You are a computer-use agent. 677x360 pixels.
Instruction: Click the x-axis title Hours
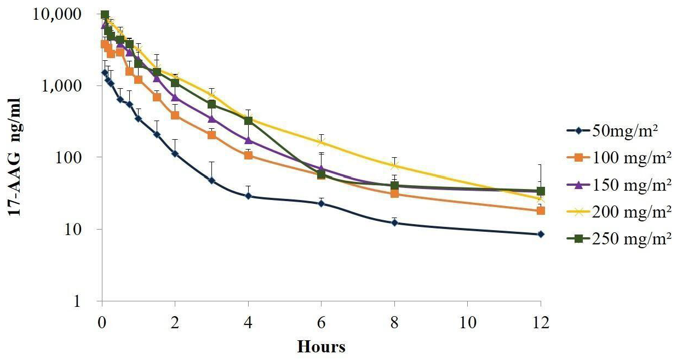tap(322, 347)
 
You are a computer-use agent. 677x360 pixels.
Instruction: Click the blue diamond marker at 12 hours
tap(541, 234)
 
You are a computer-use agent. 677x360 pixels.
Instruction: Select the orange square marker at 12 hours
tap(541, 210)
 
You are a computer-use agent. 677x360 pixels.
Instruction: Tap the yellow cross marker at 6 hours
tap(321, 142)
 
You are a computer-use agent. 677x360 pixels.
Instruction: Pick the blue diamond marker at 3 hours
tap(211, 180)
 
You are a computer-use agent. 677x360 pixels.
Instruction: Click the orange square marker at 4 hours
tap(248, 155)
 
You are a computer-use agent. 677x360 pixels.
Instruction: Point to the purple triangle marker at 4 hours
tap(248, 140)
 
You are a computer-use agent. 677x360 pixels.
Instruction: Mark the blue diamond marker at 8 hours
tap(394, 222)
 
